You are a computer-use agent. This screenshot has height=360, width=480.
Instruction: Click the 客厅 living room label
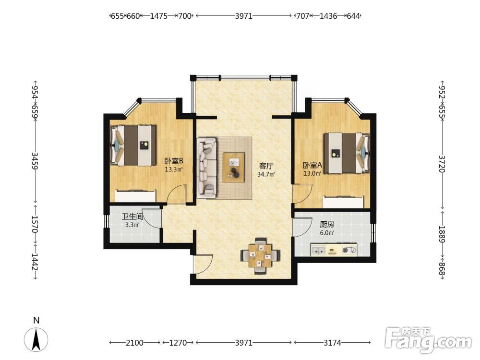click(266, 166)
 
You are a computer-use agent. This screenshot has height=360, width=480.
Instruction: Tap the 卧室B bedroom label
click(174, 161)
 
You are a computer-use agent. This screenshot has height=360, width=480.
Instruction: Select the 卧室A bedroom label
click(312, 165)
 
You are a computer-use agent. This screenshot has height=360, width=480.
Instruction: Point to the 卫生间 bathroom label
click(132, 217)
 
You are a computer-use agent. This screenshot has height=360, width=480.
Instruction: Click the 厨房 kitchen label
click(326, 224)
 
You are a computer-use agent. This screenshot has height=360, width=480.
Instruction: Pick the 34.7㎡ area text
click(266, 175)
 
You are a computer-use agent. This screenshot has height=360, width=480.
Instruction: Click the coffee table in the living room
click(234, 168)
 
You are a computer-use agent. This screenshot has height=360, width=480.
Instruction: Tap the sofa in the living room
click(206, 167)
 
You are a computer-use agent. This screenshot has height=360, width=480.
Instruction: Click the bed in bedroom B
click(133, 145)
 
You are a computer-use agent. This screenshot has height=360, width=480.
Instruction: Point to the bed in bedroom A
click(347, 153)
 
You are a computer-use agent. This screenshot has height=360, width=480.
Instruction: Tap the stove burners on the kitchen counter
click(349, 250)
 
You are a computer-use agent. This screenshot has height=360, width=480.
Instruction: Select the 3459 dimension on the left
click(35, 161)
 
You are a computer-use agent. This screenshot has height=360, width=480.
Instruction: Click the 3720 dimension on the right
click(442, 164)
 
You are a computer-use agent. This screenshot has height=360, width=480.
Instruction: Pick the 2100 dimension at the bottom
click(134, 343)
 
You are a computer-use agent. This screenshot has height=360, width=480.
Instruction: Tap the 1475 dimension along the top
click(158, 16)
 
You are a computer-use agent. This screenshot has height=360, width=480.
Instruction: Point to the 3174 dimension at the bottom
click(332, 343)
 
